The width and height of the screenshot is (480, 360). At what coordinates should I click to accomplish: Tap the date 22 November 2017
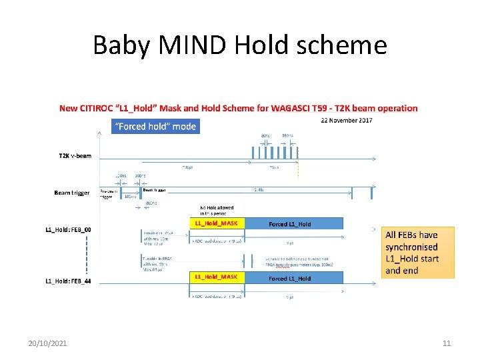pyautogui.click(x=346, y=121)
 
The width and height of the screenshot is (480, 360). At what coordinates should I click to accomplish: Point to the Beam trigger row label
pyautogui.click(x=72, y=193)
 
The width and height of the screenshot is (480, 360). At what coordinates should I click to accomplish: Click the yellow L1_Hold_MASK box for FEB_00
pyautogui.click(x=217, y=223)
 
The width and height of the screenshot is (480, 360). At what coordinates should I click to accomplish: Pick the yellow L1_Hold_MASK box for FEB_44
pyautogui.click(x=217, y=277)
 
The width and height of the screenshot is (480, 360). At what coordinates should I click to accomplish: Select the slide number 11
pyautogui.click(x=447, y=343)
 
